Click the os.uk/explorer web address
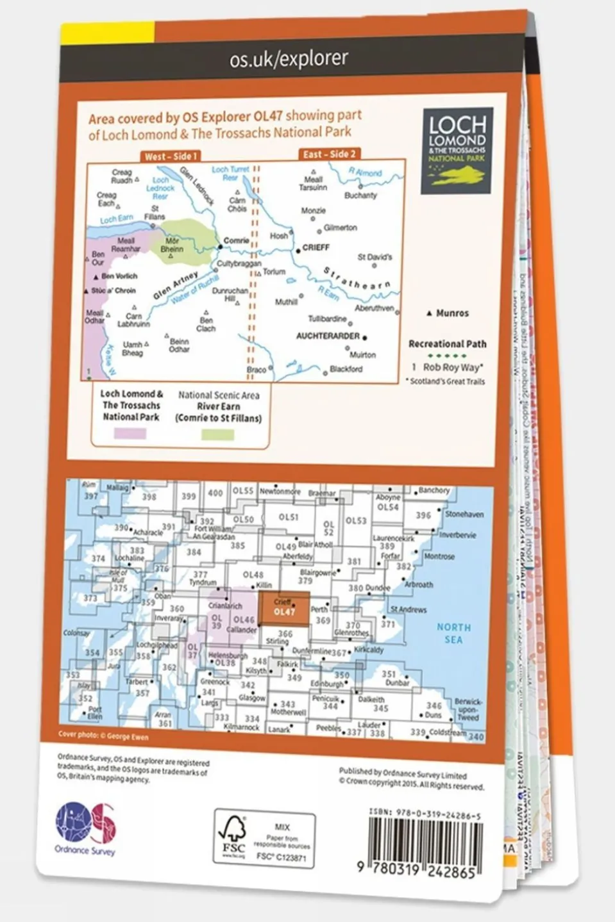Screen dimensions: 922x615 click(x=289, y=59)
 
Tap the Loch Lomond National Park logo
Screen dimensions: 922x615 click(x=457, y=149)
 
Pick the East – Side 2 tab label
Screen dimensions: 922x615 click(x=329, y=154)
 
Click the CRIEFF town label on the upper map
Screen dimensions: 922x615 click(x=316, y=247)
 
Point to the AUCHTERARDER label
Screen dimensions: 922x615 click(x=328, y=336)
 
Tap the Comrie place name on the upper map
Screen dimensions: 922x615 click(x=236, y=241)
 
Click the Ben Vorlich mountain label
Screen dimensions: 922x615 click(x=119, y=276)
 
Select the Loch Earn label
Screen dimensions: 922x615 click(x=116, y=219)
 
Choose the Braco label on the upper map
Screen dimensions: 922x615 click(x=257, y=370)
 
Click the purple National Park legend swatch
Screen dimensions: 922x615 click(x=130, y=434)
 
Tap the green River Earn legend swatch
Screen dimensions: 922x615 click(x=218, y=434)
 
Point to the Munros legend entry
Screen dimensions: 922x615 click(x=451, y=313)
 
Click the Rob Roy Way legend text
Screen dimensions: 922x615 click(x=451, y=368)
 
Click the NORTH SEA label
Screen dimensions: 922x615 click(x=453, y=633)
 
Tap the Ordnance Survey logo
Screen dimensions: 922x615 click(x=85, y=827)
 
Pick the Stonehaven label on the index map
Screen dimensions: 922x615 click(x=464, y=515)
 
